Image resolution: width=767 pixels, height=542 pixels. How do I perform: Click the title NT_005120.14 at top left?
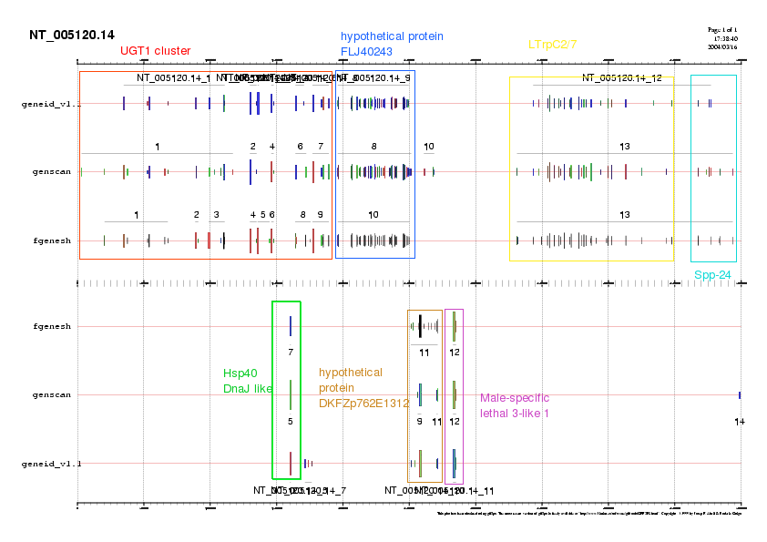coord(72,36)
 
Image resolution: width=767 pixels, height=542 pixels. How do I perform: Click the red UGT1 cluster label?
coord(155,51)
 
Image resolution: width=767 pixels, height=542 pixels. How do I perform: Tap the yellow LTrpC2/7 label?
coord(553,44)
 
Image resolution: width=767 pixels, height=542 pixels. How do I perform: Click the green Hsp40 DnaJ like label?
coord(248,381)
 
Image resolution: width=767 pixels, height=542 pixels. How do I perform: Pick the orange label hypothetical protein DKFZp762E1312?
coord(351,387)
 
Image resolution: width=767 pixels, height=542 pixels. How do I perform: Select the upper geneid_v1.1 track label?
coord(51,104)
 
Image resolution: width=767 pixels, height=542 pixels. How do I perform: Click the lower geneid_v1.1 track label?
coord(51,464)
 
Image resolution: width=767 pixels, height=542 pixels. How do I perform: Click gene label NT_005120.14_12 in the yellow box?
coord(622,78)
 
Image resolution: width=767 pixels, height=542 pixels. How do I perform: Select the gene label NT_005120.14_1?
coord(174,78)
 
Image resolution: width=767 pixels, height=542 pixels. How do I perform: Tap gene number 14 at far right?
coord(739,421)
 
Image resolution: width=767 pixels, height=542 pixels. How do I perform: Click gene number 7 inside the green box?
coord(290,352)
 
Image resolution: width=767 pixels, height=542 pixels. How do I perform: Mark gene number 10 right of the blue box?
coord(429,146)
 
